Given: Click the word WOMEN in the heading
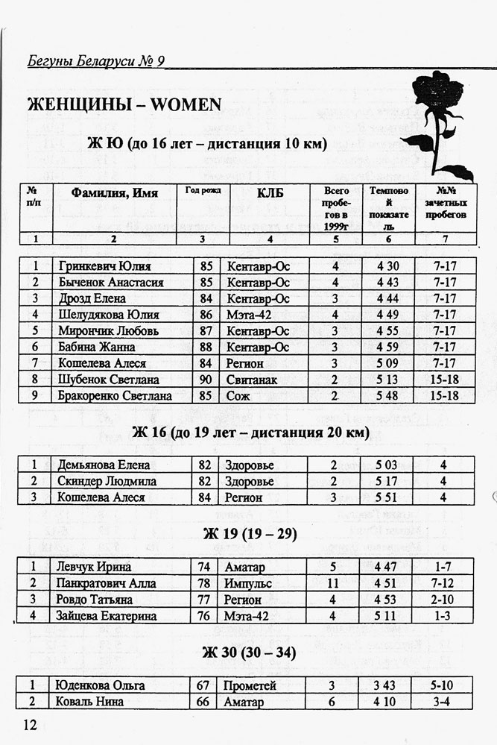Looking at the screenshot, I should pyautogui.click(x=187, y=104).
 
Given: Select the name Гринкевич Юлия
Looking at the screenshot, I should pyautogui.click(x=104, y=266).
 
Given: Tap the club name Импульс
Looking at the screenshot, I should pyautogui.click(x=248, y=582).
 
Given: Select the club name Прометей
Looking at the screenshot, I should pyautogui.click(x=251, y=685).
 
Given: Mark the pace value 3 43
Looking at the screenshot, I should pyautogui.click(x=387, y=685).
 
